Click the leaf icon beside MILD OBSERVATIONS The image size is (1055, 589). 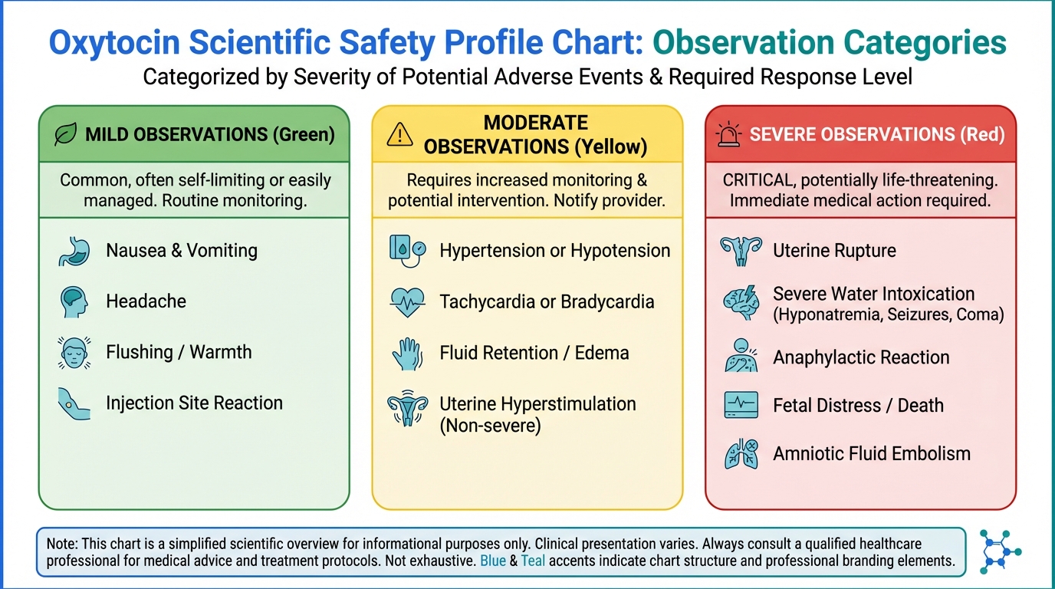tap(65, 134)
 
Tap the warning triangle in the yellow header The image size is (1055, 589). tap(399, 134)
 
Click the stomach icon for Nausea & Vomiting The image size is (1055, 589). tap(74, 251)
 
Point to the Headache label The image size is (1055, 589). tap(146, 301)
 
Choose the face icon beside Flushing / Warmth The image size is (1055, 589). tap(74, 353)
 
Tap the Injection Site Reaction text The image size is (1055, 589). tap(194, 403)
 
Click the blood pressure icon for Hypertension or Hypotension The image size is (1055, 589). tap(406, 251)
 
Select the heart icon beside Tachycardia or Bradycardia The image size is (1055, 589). tap(406, 302)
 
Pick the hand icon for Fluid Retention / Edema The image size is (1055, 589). tap(406, 354)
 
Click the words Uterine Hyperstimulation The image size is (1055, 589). tap(537, 404)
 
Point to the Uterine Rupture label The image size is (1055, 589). tap(834, 251)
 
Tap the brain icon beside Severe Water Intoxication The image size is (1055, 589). tap(741, 303)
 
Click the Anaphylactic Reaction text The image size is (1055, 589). tap(861, 357)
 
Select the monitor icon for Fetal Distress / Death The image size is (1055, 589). tap(741, 406)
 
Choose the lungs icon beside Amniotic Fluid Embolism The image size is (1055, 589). tap(741, 454)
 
